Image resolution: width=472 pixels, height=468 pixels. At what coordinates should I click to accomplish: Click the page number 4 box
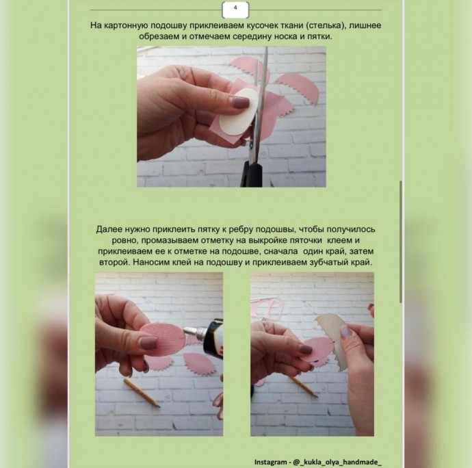(235, 9)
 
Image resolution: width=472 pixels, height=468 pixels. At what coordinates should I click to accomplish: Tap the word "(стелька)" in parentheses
(324, 25)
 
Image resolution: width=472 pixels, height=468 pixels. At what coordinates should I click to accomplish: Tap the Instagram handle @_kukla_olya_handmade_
(337, 462)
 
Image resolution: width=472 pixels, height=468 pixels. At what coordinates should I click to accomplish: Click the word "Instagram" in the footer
(270, 462)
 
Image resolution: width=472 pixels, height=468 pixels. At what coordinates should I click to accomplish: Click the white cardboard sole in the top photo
(238, 113)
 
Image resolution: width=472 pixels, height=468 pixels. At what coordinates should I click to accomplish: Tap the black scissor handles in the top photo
(251, 174)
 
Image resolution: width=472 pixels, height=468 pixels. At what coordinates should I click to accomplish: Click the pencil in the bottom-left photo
(142, 393)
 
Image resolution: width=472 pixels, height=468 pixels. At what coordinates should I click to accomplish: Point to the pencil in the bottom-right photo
(302, 386)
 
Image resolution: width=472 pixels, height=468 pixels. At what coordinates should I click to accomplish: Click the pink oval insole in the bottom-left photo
(161, 339)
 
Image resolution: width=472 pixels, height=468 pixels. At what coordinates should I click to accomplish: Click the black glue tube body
(213, 337)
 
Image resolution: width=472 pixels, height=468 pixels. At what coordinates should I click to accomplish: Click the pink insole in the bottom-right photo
(317, 350)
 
